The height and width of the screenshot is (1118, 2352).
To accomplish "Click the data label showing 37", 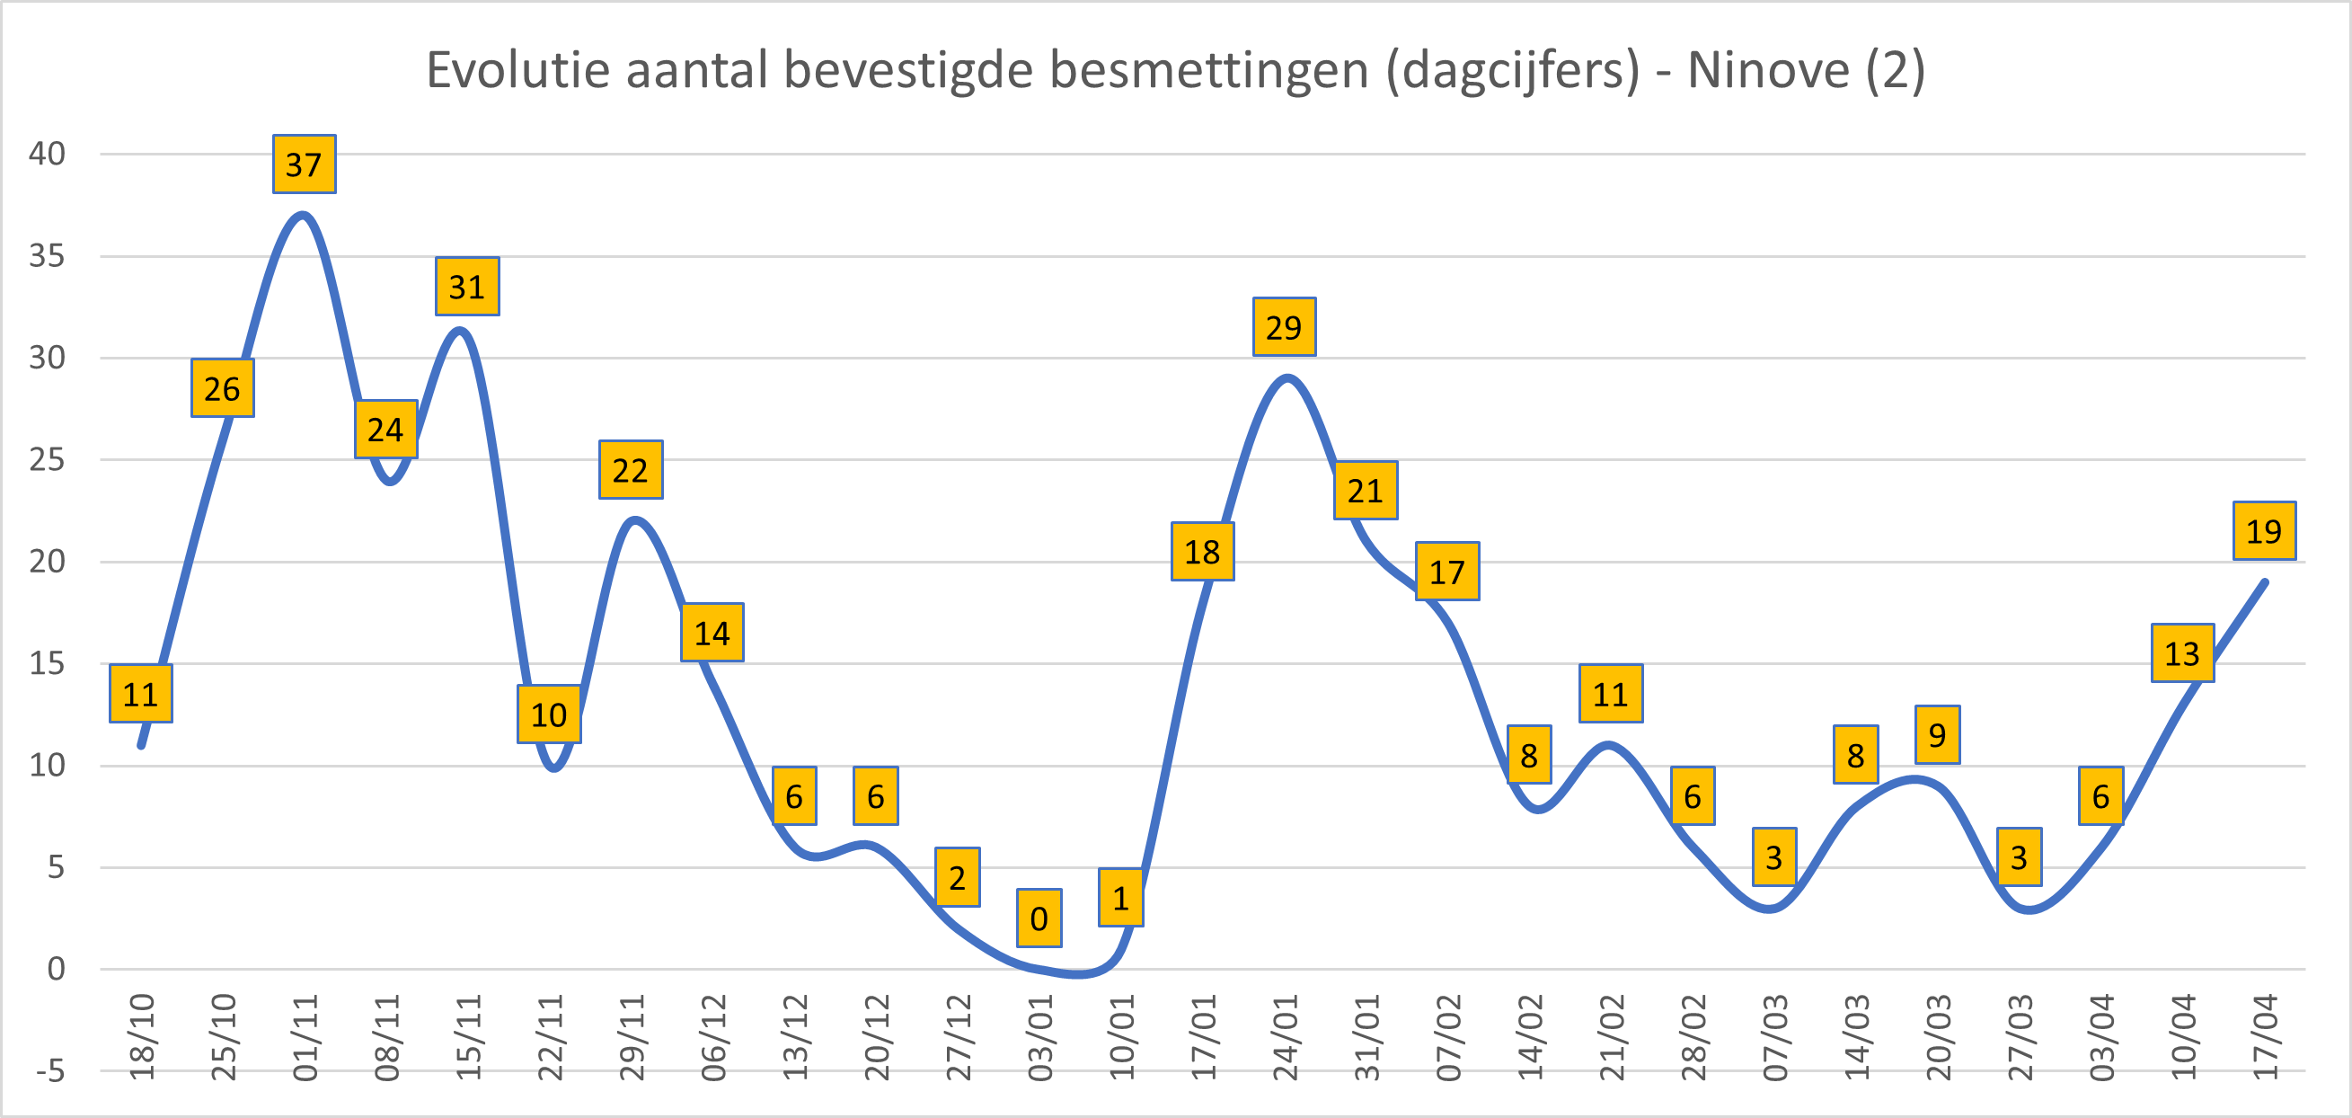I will click(x=304, y=164).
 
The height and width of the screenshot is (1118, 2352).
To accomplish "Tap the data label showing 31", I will click(x=466, y=287).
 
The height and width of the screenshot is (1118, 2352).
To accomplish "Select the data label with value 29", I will click(x=1284, y=327).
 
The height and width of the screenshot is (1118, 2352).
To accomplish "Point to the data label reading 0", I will click(x=1039, y=918).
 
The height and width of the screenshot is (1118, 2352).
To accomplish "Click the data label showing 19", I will click(x=2264, y=530).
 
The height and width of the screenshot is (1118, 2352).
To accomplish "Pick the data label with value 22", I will click(x=630, y=469).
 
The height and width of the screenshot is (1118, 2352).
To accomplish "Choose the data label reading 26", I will click(x=222, y=388).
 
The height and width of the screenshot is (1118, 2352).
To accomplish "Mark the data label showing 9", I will click(x=1938, y=734).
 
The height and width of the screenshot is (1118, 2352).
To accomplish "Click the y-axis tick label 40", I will click(x=47, y=154).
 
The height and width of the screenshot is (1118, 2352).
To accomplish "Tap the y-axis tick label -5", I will click(x=50, y=1070).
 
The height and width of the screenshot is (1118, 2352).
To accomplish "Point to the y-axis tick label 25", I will click(x=47, y=459).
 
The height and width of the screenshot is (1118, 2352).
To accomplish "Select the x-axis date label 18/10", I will click(x=143, y=1037).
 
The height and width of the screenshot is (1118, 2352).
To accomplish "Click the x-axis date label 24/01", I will click(x=1286, y=1037).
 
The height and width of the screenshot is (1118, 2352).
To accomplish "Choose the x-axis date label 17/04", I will click(x=2265, y=1037).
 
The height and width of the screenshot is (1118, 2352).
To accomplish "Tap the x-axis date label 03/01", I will click(x=1040, y=1037).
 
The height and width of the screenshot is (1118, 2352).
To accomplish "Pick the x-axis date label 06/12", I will click(x=713, y=1037).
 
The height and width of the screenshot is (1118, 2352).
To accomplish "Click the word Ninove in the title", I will click(x=1768, y=69).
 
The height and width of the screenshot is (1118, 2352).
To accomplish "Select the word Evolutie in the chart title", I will click(x=517, y=69).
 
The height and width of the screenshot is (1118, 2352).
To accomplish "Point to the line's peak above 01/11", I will click(x=303, y=215).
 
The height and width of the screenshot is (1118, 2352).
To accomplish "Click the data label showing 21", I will click(x=1366, y=491).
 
